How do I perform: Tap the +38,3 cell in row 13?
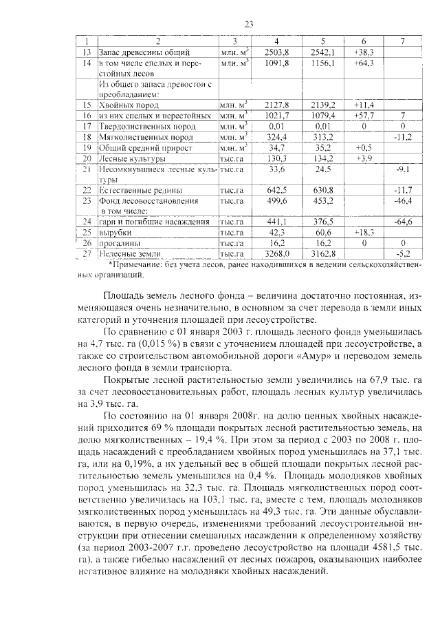(x=362, y=52)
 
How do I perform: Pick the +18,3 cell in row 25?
(x=362, y=233)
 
